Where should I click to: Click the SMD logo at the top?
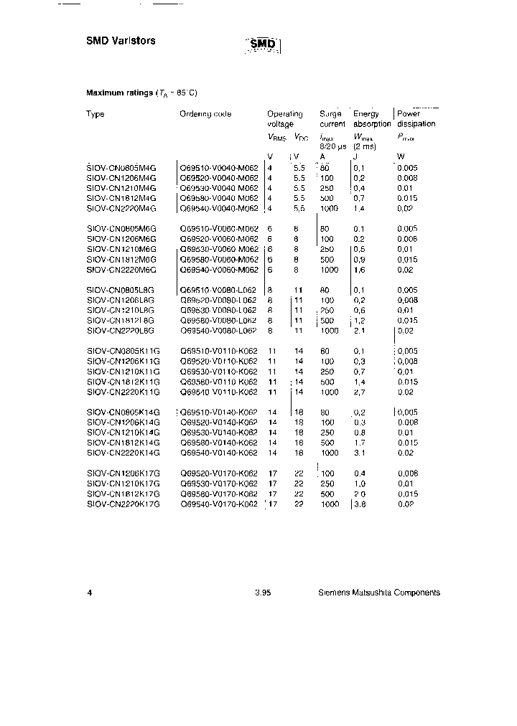(263, 45)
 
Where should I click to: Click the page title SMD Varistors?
(121, 41)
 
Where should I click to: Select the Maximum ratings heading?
(141, 93)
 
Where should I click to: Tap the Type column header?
(96, 114)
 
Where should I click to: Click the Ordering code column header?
(205, 114)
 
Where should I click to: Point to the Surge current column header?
(332, 119)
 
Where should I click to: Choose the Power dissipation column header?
(416, 119)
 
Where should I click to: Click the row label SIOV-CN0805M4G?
(121, 167)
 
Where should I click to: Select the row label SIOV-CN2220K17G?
(123, 505)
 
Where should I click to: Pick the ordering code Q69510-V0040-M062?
(218, 167)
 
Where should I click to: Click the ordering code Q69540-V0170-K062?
(218, 505)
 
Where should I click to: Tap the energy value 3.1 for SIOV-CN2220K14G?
(360, 453)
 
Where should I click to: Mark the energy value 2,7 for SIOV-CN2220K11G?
(360, 392)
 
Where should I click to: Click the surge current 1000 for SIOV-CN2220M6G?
(330, 270)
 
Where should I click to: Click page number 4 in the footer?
(89, 593)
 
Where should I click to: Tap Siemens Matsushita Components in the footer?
(379, 593)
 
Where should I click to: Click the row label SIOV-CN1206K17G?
(123, 474)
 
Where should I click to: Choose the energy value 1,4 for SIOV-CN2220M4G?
(360, 208)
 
